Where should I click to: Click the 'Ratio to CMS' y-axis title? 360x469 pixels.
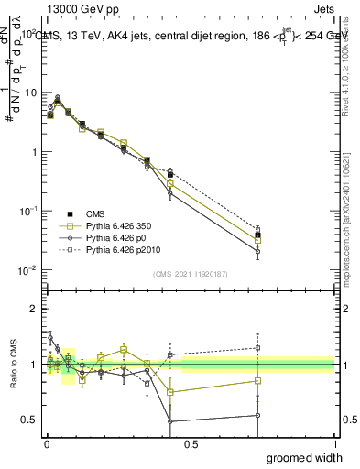tap(13, 365)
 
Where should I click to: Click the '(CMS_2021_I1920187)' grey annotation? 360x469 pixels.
tap(190, 273)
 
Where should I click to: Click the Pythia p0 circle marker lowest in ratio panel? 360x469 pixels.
tap(170, 422)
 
